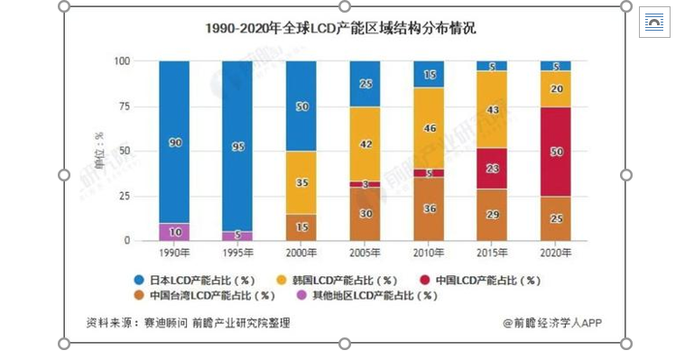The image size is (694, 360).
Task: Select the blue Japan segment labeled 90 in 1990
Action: (174, 142)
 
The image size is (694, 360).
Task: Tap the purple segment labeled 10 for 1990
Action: (174, 232)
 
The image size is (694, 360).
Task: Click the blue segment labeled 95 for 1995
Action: (237, 146)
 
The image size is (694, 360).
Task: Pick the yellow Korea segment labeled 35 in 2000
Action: (301, 182)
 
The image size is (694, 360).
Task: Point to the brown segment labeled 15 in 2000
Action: (301, 227)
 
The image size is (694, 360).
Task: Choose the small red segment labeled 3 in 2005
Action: (365, 184)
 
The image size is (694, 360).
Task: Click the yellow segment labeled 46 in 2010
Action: (429, 128)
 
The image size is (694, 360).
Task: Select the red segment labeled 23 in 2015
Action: (492, 168)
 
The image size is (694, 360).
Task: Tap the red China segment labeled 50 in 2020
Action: (555, 152)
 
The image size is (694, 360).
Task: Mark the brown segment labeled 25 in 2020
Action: (555, 219)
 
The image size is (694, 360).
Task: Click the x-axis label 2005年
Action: (365, 254)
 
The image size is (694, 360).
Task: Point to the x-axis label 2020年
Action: (555, 254)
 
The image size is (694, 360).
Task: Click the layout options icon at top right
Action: (654, 23)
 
